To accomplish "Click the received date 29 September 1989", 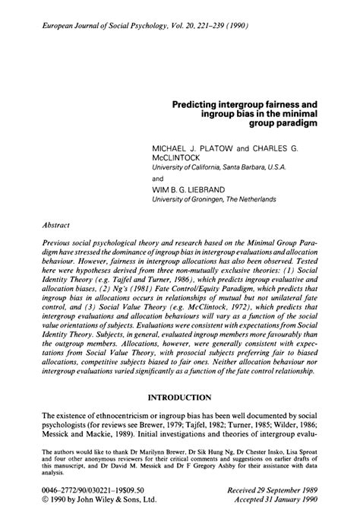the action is (x=287, y=492).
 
